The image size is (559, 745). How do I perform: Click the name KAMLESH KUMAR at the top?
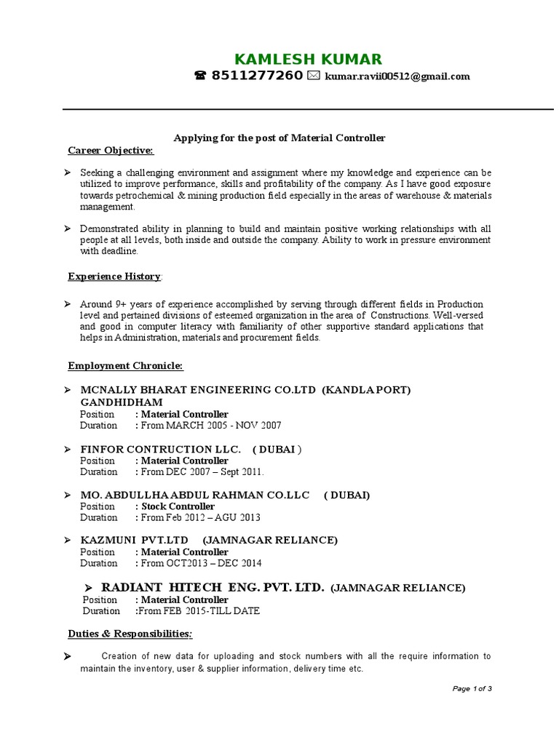(x=308, y=60)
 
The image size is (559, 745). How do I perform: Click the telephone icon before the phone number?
(x=200, y=76)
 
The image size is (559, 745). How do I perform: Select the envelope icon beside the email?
(x=314, y=76)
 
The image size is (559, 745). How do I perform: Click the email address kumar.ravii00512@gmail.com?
(x=397, y=76)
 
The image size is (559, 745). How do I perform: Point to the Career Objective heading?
(x=111, y=151)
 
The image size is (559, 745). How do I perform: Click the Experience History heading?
(x=115, y=276)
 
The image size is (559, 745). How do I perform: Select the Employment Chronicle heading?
(x=125, y=365)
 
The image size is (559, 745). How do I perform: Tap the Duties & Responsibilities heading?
(x=130, y=634)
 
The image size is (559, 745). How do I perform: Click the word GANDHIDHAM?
(x=122, y=402)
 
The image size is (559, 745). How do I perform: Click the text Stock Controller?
(x=178, y=506)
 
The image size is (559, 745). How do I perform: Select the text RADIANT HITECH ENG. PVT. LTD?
(x=213, y=587)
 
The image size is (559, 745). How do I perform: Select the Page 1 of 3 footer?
(x=472, y=689)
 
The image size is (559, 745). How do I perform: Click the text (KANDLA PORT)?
(x=368, y=390)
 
